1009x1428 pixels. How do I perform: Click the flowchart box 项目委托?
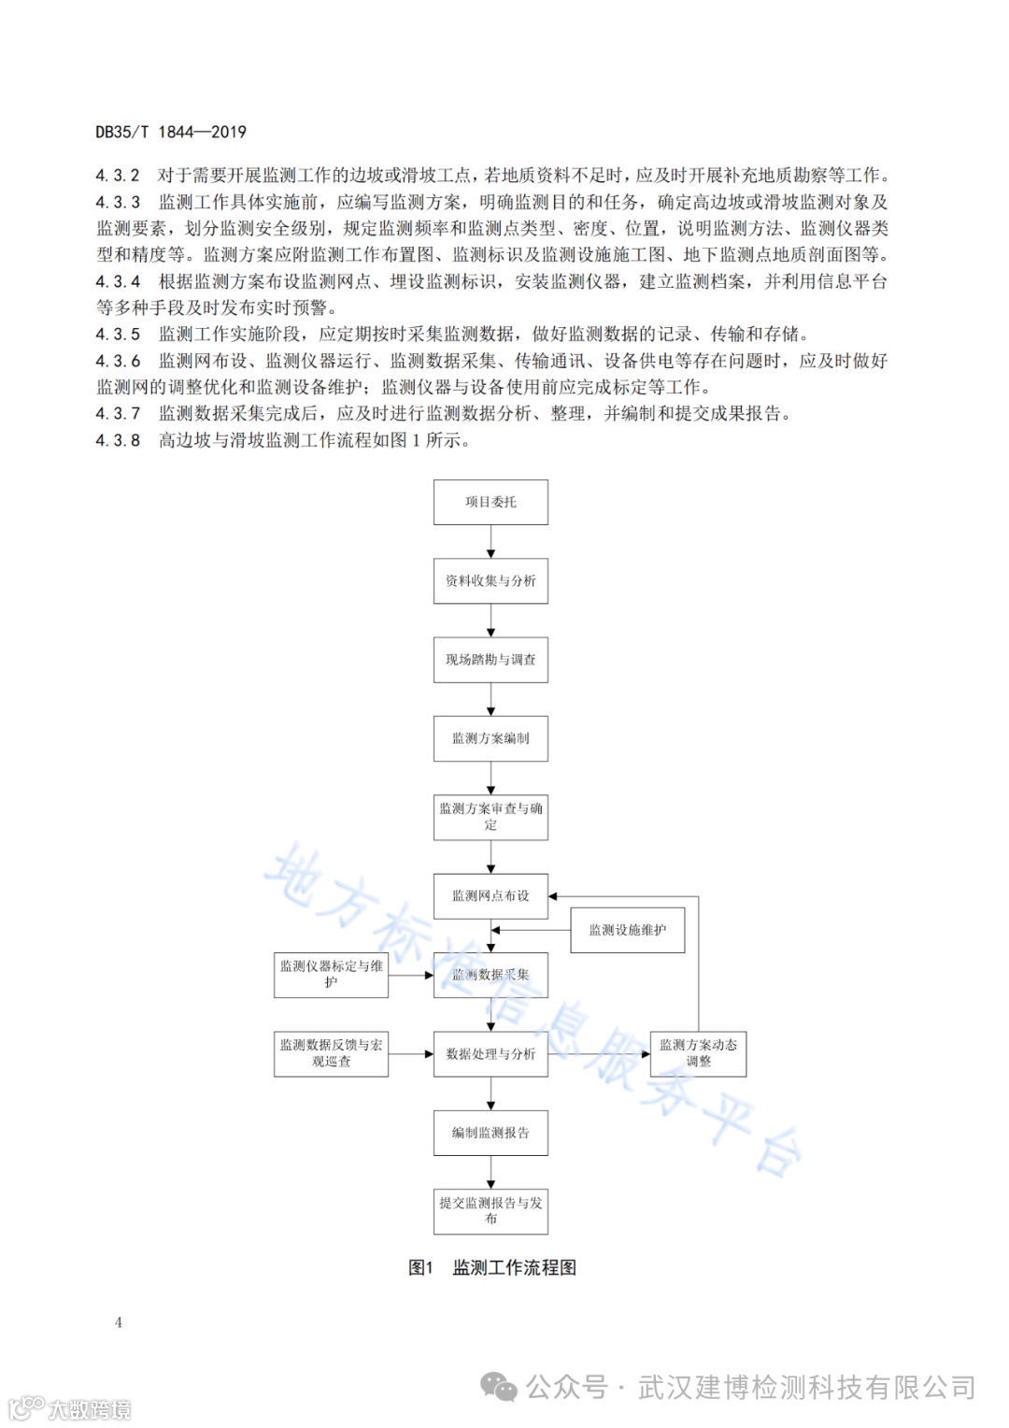tap(490, 502)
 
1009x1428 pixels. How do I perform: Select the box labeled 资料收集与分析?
tap(490, 580)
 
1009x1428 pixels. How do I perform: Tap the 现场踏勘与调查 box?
tap(490, 659)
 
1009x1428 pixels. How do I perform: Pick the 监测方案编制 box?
tap(490, 738)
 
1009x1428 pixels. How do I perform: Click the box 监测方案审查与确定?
tap(490, 817)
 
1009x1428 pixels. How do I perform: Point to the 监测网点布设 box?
tap(490, 895)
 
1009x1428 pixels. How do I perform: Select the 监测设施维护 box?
tap(627, 930)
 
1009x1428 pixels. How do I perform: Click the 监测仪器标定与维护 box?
tap(331, 974)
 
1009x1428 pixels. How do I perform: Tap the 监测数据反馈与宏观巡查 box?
tap(331, 1053)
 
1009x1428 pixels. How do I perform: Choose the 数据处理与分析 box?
tap(490, 1053)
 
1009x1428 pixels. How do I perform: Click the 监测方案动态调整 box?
tap(698, 1053)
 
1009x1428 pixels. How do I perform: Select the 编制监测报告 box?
tap(490, 1133)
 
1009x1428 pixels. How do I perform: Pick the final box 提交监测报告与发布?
tap(490, 1210)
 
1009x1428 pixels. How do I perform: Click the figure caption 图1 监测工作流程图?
tap(492, 1267)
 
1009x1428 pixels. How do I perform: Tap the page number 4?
tap(119, 1321)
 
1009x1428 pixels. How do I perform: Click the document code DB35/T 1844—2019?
tap(171, 132)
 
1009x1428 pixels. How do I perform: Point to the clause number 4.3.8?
tap(118, 440)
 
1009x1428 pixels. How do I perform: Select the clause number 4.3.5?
tap(118, 334)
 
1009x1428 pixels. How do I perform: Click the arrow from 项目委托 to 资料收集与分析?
tap(490, 542)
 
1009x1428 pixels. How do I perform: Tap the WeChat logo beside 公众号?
tap(499, 1388)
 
